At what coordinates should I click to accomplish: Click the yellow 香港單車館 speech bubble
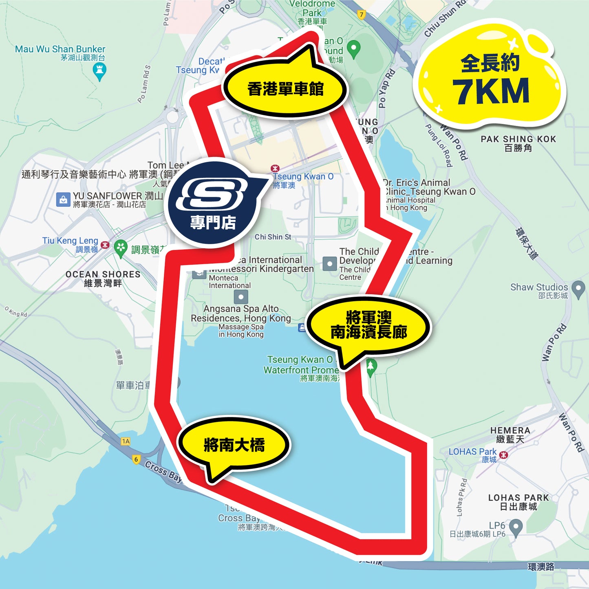coord(285,89)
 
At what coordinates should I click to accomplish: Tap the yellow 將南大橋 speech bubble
coord(234,445)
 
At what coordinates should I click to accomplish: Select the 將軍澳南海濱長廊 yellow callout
coord(368,325)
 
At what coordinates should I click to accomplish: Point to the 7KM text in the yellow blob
coord(491,91)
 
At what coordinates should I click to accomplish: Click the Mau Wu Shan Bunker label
coord(60,49)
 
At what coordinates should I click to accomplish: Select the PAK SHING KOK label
coord(518,139)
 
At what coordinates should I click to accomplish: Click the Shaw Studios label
coord(539,287)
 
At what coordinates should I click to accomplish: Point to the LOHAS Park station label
coord(472,452)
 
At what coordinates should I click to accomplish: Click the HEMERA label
coord(510,430)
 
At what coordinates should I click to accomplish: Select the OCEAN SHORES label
coord(103,274)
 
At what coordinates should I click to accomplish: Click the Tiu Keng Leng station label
coord(70,241)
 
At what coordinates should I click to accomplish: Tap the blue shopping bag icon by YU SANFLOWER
coord(63,200)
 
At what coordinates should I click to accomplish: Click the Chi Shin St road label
coord(273,237)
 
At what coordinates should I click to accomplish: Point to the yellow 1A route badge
coord(126,441)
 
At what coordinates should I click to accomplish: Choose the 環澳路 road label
coord(541,567)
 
